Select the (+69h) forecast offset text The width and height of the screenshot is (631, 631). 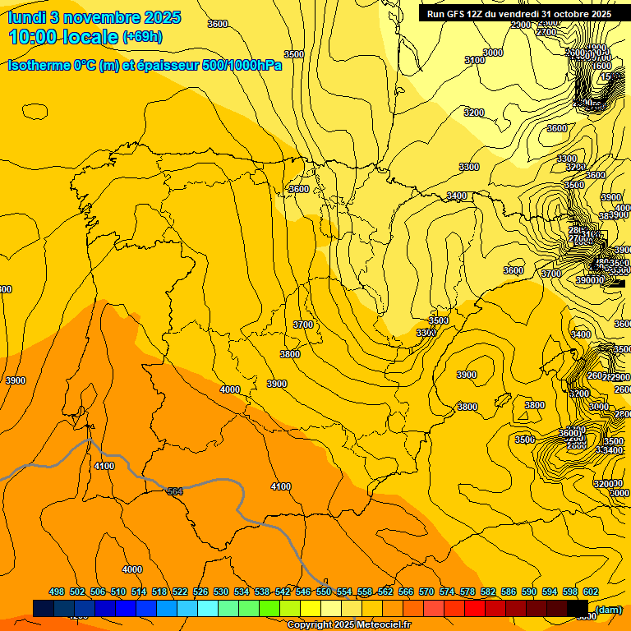pos(142,37)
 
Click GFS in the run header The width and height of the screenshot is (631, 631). pos(457,14)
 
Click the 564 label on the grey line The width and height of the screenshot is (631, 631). pos(175,491)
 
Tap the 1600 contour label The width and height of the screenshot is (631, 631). pos(602,66)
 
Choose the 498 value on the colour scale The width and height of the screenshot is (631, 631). pos(57,592)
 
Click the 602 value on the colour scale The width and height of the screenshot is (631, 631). pos(591,592)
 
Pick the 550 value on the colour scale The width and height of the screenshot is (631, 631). pos(324,592)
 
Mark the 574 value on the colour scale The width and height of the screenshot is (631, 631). pos(447,592)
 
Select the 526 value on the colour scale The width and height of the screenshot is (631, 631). pos(200,592)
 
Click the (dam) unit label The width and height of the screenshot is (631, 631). pos(609,610)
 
